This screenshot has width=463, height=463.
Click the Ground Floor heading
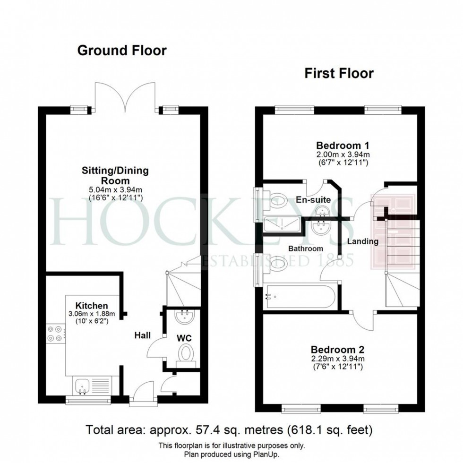(x=122, y=51)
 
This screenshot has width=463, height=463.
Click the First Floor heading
(x=339, y=73)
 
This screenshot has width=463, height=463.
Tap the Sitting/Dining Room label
(x=122, y=175)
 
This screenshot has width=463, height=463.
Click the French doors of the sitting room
(x=125, y=97)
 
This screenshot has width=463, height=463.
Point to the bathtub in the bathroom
(x=300, y=296)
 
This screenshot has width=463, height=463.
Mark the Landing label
(x=363, y=241)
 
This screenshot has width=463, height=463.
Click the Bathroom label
(x=306, y=249)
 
